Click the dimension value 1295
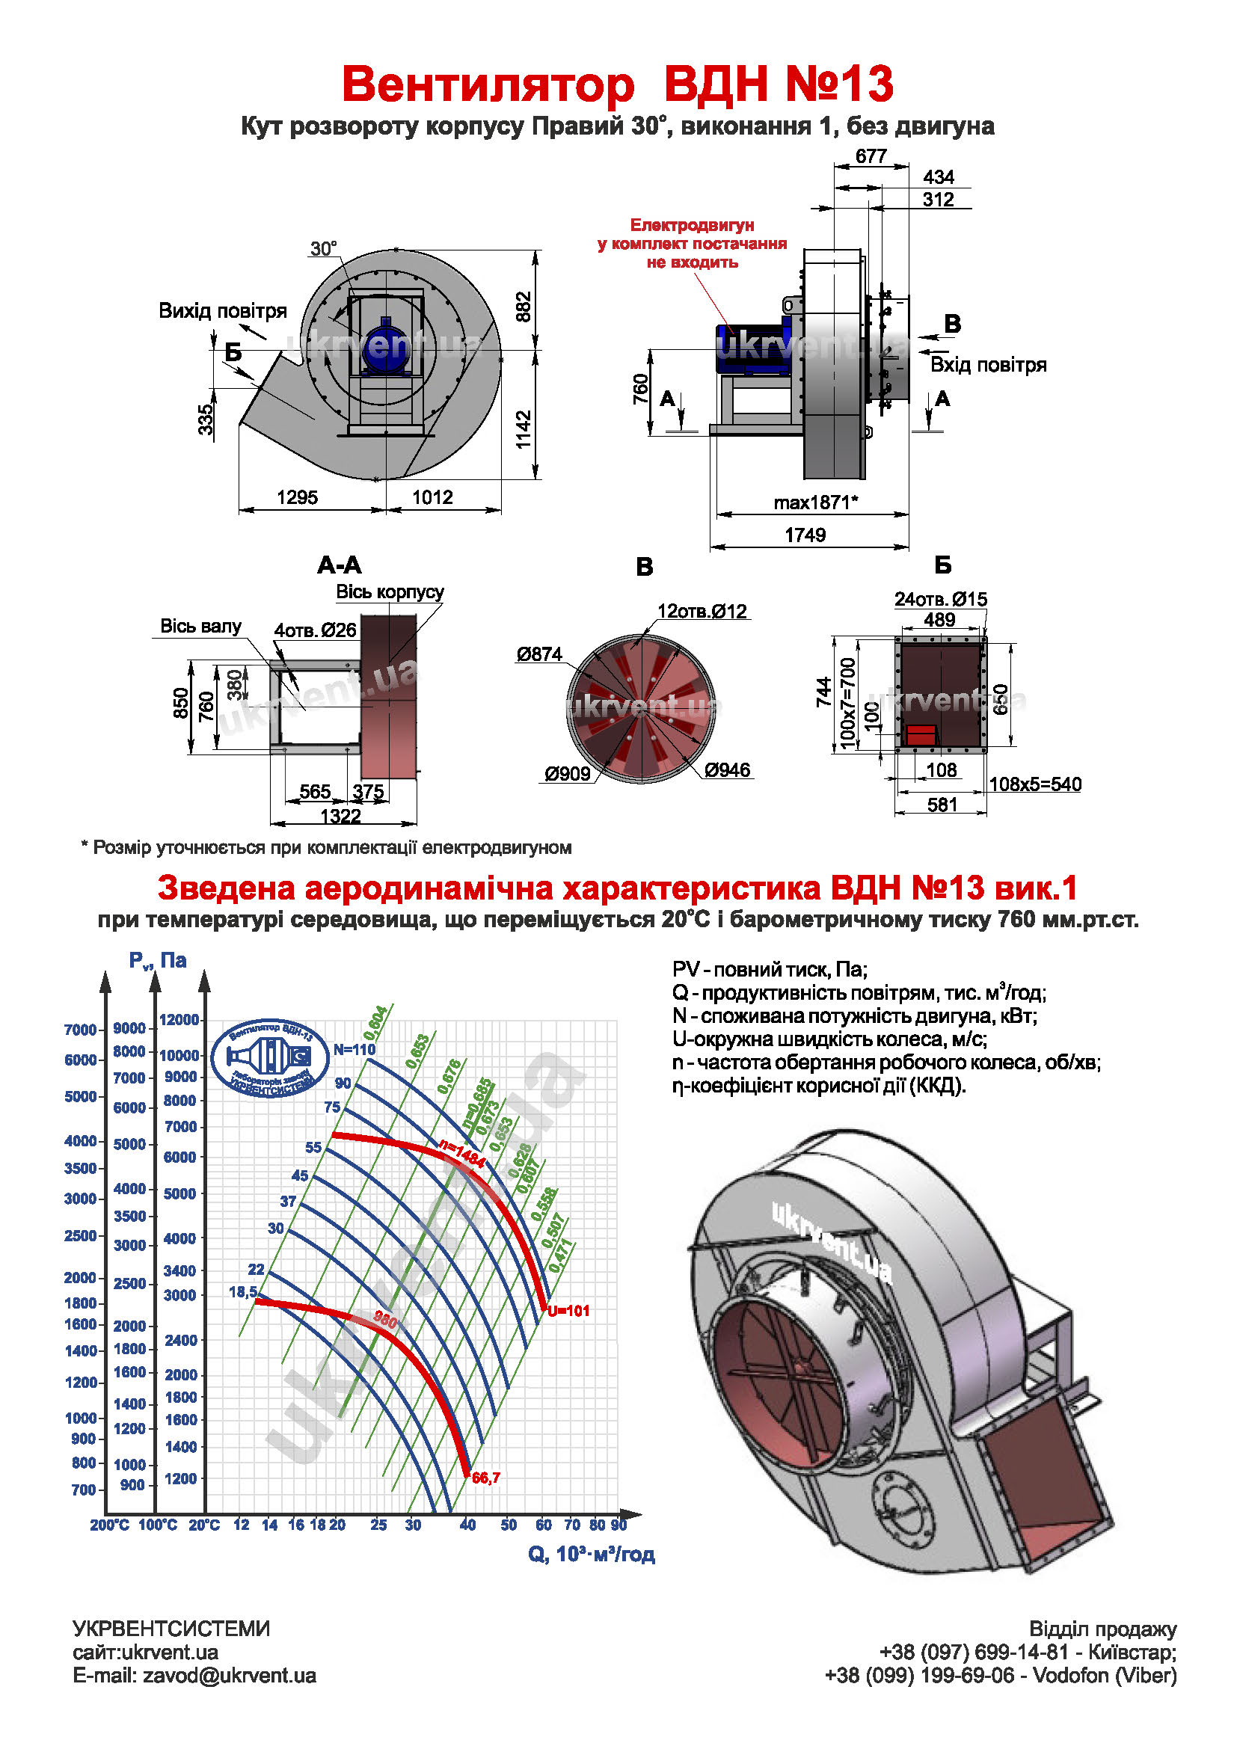(x=297, y=497)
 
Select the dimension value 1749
(x=805, y=535)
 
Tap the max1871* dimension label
(x=816, y=502)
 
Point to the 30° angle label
(x=323, y=249)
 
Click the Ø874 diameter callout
(x=538, y=654)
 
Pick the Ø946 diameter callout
(x=728, y=770)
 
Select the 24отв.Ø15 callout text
(x=940, y=600)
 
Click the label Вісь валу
(x=200, y=626)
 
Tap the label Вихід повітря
(x=222, y=311)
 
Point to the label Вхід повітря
(x=988, y=365)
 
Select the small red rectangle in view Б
(x=921, y=734)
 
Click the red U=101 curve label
(x=568, y=1311)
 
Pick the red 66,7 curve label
(x=486, y=1478)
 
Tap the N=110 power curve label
(x=354, y=1049)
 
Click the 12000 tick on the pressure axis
(x=179, y=1020)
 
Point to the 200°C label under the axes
(x=110, y=1525)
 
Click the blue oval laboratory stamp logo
(x=271, y=1058)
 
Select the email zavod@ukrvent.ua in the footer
(x=194, y=1676)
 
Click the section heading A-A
(x=339, y=565)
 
